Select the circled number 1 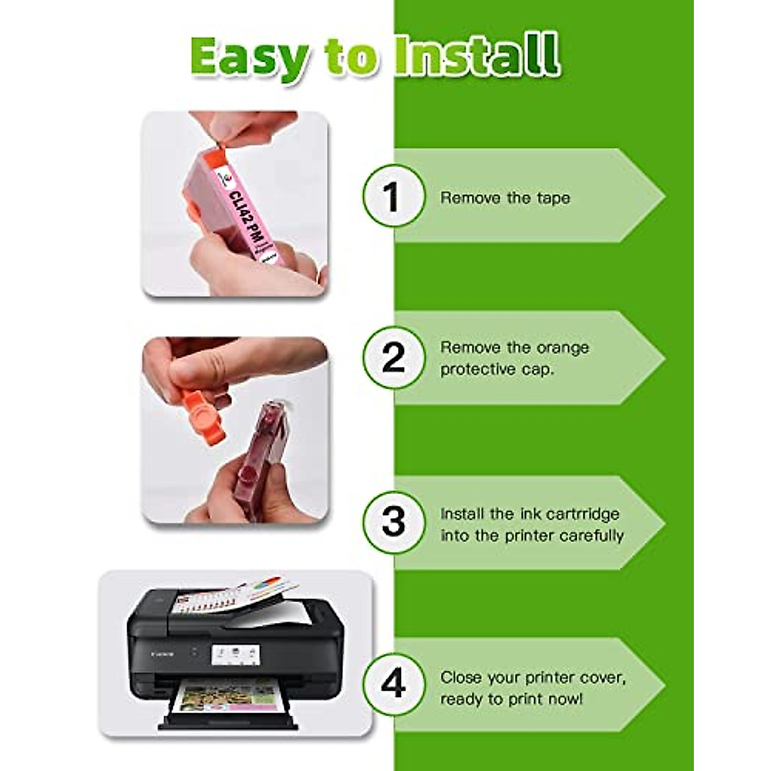tap(393, 196)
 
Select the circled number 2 tap(393, 358)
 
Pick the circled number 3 tap(393, 522)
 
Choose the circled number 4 tap(393, 684)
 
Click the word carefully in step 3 tap(591, 536)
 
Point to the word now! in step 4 tap(563, 699)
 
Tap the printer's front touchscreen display tap(235, 655)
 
